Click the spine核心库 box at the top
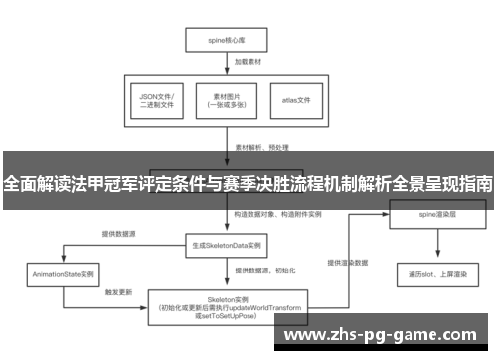[227, 42]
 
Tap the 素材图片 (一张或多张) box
[227, 101]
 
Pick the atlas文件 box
[296, 101]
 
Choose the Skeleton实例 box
[227, 306]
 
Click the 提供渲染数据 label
[348, 263]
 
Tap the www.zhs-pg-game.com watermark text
[382, 335]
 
